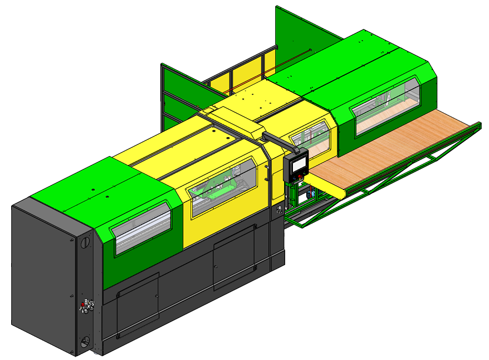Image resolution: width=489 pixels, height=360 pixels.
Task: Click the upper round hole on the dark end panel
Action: (x=85, y=243)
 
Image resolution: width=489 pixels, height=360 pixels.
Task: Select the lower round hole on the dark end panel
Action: (x=85, y=341)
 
